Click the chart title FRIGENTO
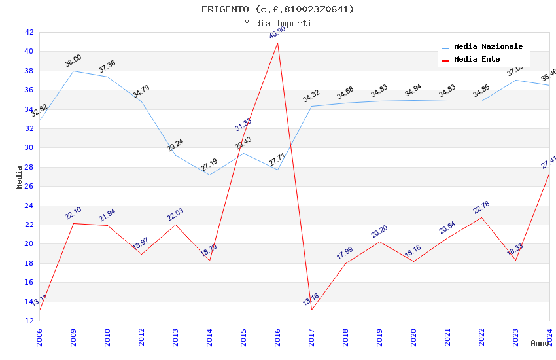(x=277, y=9)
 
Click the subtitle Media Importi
(x=277, y=23)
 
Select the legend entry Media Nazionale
(x=488, y=47)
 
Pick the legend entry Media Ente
(x=477, y=60)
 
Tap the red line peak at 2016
(x=277, y=43)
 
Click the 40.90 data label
(x=277, y=33)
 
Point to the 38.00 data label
(x=73, y=61)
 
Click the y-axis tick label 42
(x=29, y=32)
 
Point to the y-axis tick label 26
(x=29, y=186)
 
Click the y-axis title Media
(x=20, y=177)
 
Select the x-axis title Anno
(x=540, y=343)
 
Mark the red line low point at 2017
(x=311, y=310)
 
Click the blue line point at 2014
(x=209, y=175)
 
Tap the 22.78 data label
(x=481, y=207)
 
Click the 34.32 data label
(x=311, y=96)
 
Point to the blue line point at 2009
(x=73, y=71)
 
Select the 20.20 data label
(x=379, y=232)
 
